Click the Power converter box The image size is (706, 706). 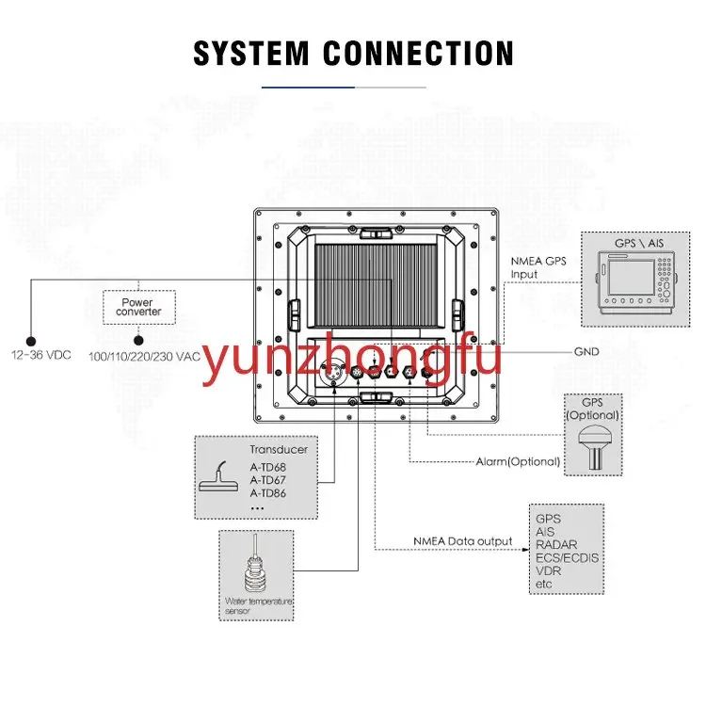pyautogui.click(x=139, y=307)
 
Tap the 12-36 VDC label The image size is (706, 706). pyautogui.click(x=41, y=355)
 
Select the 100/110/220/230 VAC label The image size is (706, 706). pyautogui.click(x=144, y=357)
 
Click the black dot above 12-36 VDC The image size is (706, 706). pyautogui.click(x=31, y=342)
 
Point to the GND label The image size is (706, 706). pyautogui.click(x=586, y=352)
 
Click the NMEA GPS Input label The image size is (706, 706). pyautogui.click(x=538, y=267)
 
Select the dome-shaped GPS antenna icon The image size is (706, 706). pyautogui.click(x=594, y=447)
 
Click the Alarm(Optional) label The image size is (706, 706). pyautogui.click(x=518, y=461)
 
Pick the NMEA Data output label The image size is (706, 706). pyautogui.click(x=463, y=541)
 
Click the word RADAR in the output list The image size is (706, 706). pyautogui.click(x=556, y=545)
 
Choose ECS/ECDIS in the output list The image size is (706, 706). pyautogui.click(x=567, y=558)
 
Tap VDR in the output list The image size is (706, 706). pyautogui.click(x=548, y=571)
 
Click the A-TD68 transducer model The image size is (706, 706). pyautogui.click(x=268, y=467)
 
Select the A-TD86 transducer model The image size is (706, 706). pyautogui.click(x=268, y=493)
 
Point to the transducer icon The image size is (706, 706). pyautogui.click(x=219, y=477)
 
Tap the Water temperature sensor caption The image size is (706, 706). pyautogui.click(x=259, y=606)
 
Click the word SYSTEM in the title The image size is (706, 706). pyautogui.click(x=250, y=53)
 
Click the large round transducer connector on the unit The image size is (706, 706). pyautogui.click(x=333, y=373)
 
